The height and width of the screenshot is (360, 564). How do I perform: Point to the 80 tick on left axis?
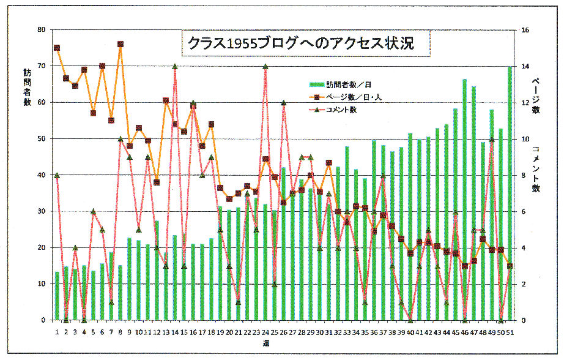pyautogui.click(x=41, y=29)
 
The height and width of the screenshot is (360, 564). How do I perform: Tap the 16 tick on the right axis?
pyautogui.click(x=524, y=29)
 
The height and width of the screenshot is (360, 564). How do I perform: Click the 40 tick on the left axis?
pyautogui.click(x=41, y=175)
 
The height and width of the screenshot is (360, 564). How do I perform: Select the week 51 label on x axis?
pyautogui.click(x=510, y=332)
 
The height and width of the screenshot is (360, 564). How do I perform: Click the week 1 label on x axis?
pyautogui.click(x=57, y=332)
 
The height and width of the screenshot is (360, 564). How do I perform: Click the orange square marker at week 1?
pyautogui.click(x=57, y=48)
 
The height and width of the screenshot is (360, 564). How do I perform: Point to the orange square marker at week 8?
pyautogui.click(x=121, y=44)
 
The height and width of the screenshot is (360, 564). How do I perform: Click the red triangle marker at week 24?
pyautogui.click(x=265, y=66)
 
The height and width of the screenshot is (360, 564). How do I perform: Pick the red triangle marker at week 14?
pyautogui.click(x=175, y=66)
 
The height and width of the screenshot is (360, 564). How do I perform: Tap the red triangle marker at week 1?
pyautogui.click(x=57, y=175)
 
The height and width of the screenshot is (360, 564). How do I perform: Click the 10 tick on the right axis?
pyautogui.click(x=524, y=139)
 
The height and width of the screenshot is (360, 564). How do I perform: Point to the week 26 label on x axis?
pyautogui.click(x=283, y=332)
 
